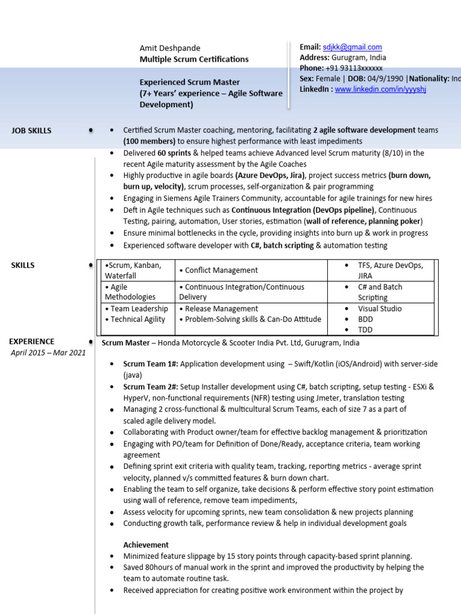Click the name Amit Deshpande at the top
(170, 48)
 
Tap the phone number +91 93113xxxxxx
(354, 68)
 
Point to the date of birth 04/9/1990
(385, 79)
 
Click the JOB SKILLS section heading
(31, 130)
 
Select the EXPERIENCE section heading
(31, 341)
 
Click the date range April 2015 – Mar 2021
(48, 353)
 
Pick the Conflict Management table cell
(218, 270)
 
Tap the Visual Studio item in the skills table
(380, 309)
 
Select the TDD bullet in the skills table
(366, 330)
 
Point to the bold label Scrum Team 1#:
(151, 364)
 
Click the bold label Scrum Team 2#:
(151, 387)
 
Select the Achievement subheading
(146, 545)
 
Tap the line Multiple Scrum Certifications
(194, 59)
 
